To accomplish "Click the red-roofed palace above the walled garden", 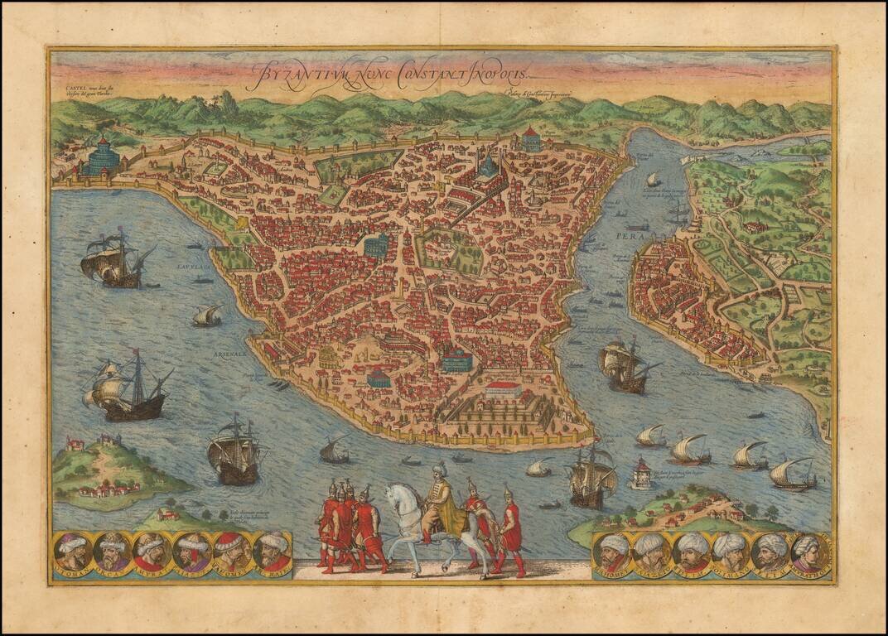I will click(x=504, y=388).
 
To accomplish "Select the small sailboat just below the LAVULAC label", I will click(x=207, y=316).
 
